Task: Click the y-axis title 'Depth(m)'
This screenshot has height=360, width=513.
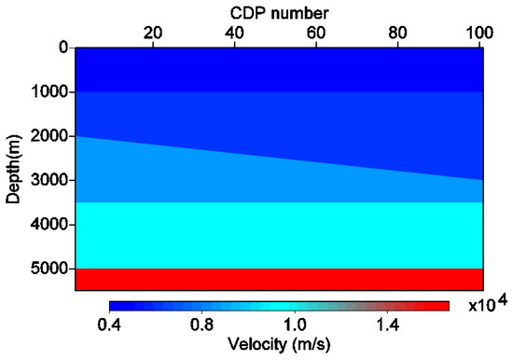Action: pyautogui.click(x=12, y=168)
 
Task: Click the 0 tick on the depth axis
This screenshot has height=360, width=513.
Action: pyautogui.click(x=62, y=48)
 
